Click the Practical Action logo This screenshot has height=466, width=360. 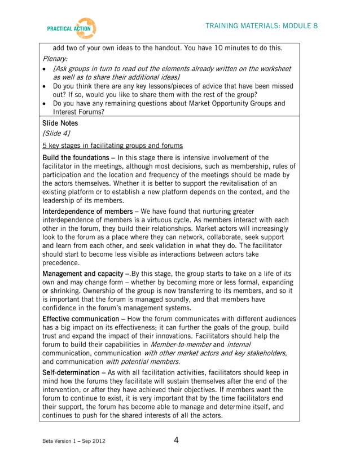72,28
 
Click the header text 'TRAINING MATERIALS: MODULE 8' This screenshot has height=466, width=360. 261,26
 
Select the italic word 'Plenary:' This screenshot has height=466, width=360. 55,58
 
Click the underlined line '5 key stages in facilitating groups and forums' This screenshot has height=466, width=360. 112,146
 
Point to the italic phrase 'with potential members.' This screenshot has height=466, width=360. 143,362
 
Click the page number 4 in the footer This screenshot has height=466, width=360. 176,441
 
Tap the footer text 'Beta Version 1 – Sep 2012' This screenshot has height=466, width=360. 73,441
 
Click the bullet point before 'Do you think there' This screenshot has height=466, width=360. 45,87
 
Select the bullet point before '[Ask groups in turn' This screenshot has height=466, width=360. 45,69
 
